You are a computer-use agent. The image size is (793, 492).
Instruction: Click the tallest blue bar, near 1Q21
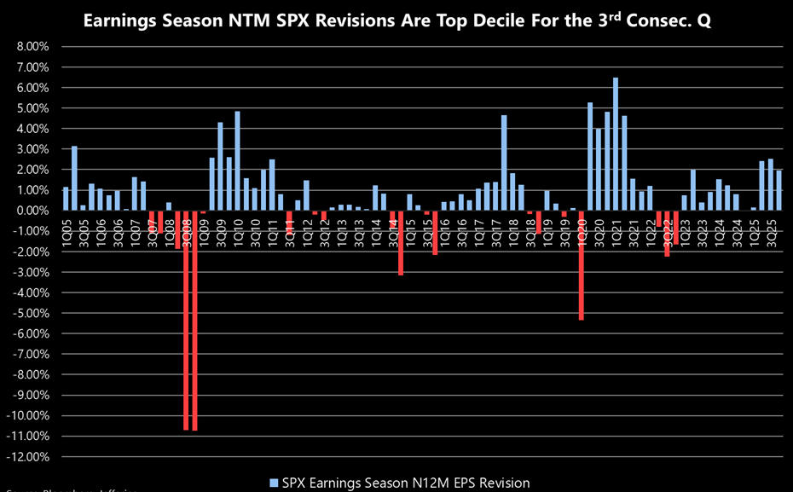click(x=616, y=144)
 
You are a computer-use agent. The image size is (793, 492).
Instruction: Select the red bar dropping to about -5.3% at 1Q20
click(x=581, y=265)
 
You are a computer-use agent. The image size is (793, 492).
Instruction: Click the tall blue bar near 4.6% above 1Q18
click(x=504, y=163)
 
